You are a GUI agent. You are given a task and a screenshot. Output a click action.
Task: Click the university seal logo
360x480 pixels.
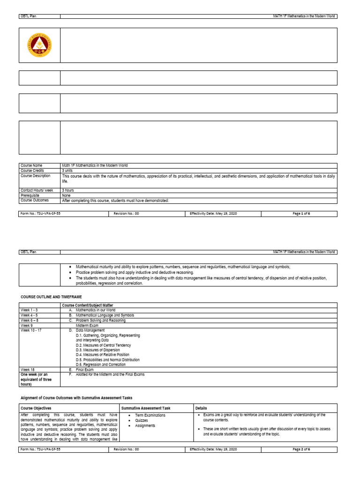pos(39,45)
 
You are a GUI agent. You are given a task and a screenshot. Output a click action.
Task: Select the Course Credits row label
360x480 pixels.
pos(32,171)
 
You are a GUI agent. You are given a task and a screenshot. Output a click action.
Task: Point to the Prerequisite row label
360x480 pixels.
pos(30,195)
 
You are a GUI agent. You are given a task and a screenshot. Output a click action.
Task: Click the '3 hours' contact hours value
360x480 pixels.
pos(69,191)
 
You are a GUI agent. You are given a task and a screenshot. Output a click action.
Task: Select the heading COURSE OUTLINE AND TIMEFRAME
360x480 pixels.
pos(51,297)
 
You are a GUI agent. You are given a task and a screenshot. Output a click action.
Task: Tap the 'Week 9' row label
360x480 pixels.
pos(26,325)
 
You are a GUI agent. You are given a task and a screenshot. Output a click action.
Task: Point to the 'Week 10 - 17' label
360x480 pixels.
pos(30,330)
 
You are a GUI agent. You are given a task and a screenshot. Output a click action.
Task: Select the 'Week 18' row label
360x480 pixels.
pos(27,369)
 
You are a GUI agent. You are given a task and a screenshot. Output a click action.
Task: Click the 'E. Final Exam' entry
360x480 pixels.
pos(82,369)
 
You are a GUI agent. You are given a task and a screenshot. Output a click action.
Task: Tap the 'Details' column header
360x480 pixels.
pos(201,408)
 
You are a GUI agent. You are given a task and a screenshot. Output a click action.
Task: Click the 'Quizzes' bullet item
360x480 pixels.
pos(141,420)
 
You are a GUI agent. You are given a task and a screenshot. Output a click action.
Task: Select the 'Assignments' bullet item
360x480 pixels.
pos(145,426)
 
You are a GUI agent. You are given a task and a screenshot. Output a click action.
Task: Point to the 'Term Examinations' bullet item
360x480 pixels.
pos(150,415)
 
